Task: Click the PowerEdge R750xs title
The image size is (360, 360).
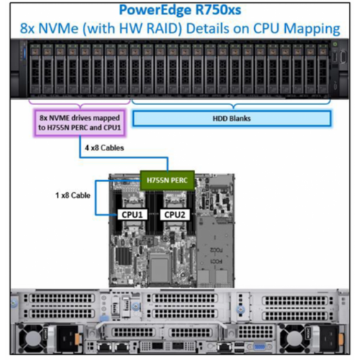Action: coord(180,10)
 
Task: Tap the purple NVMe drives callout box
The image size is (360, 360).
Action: coord(80,122)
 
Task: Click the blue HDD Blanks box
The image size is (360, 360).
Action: coord(232,118)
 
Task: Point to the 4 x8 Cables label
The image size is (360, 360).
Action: coord(104,148)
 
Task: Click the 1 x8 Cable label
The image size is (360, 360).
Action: coord(73,195)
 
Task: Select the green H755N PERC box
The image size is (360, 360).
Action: coord(167,180)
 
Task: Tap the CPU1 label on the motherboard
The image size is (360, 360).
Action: coord(132,215)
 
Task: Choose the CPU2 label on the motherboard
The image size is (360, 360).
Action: coord(175,215)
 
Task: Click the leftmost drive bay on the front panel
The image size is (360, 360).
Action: coord(35,69)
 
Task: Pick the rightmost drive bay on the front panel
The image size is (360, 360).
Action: coord(323,69)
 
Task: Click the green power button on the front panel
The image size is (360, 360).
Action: coord(336,44)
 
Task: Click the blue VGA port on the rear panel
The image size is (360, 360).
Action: coord(259,347)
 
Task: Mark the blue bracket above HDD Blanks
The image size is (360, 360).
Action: coord(231,104)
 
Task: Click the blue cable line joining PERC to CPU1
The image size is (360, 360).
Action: coord(96,198)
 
